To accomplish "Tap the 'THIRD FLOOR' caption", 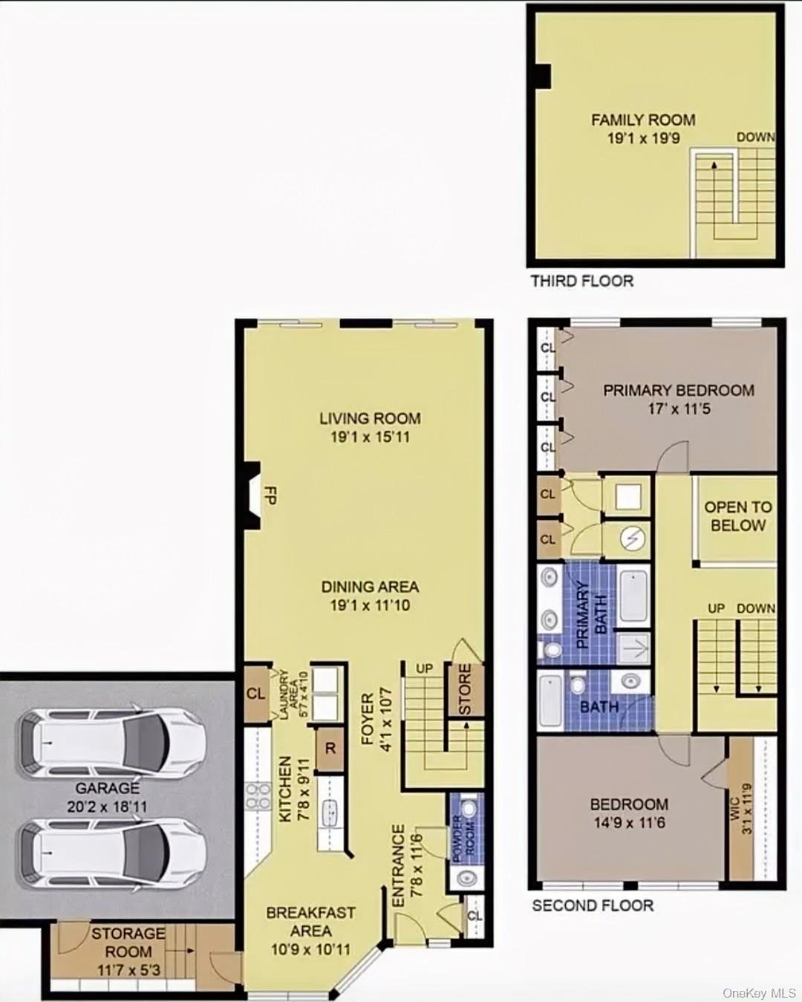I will coord(581,281).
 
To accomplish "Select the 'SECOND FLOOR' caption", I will coord(593,905).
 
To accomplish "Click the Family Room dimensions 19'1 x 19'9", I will coord(643,138).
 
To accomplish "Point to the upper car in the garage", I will coord(111,743).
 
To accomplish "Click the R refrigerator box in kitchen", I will coord(330,749).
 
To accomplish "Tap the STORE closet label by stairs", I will coord(465,690).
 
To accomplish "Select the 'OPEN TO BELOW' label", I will coord(737,516).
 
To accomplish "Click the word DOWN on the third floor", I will coord(755,137).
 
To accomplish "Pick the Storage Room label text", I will coord(128,942).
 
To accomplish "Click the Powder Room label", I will coord(464,838).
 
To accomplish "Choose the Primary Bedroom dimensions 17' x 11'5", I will coord(678,409).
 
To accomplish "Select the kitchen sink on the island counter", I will coord(330,813).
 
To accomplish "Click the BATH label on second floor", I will coord(599,706).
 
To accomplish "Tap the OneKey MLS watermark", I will coord(759,993).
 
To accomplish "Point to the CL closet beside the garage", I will coord(255,694).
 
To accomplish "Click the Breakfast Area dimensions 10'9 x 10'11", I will coord(310,949).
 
